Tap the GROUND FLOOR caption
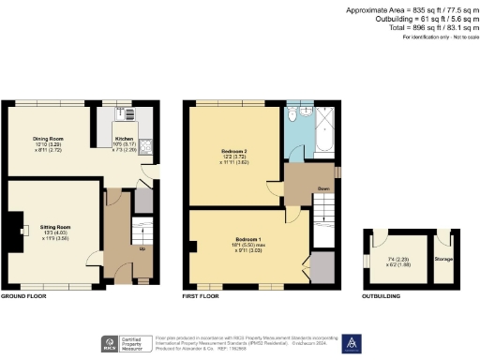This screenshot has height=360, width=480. coord(23,296)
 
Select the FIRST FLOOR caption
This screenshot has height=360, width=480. coord(202,296)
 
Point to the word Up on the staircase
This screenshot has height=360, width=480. coord(142,249)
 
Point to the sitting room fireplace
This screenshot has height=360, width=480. coord(10,227)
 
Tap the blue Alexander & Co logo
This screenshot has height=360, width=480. coord(353,343)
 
